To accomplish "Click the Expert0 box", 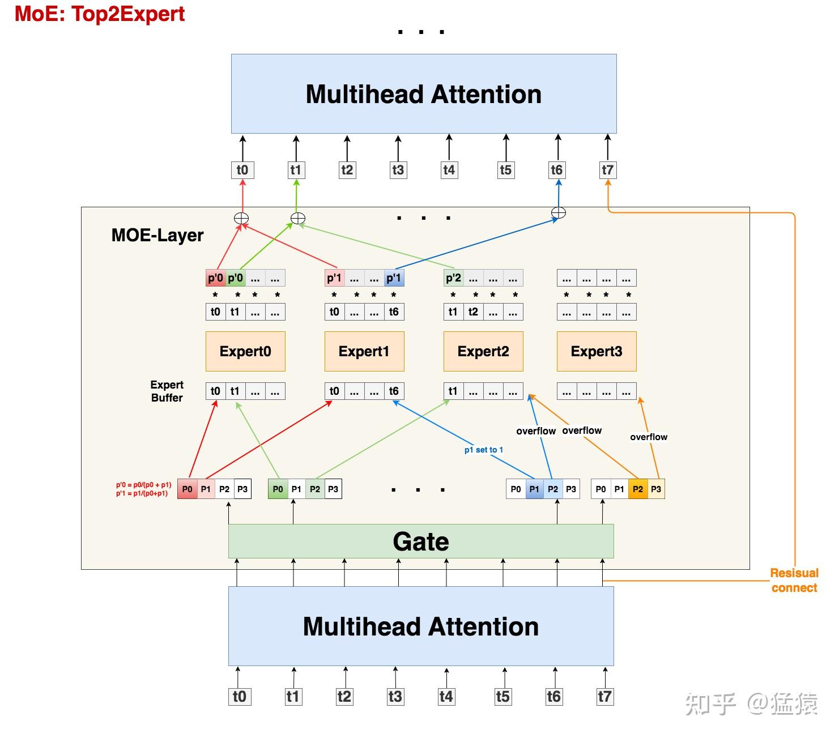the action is click(x=245, y=351).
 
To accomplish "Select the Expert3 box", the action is click(x=597, y=351).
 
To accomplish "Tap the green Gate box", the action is click(x=421, y=541).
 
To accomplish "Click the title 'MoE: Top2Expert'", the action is click(x=99, y=14).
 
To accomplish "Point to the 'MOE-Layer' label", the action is click(x=157, y=235).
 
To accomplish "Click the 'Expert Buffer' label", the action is click(x=167, y=391).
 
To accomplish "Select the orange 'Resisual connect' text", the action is click(x=794, y=580).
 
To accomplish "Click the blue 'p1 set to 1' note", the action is click(x=484, y=450).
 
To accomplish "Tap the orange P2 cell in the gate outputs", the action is click(x=638, y=489).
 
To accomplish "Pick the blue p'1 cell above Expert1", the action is click(x=394, y=278).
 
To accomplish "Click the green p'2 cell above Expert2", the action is click(x=453, y=278).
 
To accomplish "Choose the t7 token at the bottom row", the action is click(x=604, y=696).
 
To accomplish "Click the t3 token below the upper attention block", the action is click(x=398, y=170).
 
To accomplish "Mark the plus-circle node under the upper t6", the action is click(x=558, y=213).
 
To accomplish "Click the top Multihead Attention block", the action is click(x=424, y=93).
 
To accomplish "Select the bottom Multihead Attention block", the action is click(x=421, y=626).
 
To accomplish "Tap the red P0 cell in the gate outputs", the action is click(x=187, y=489).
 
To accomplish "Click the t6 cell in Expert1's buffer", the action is click(x=394, y=391).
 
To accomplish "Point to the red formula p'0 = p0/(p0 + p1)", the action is click(x=143, y=485).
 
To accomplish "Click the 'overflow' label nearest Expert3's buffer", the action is click(x=649, y=437).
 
